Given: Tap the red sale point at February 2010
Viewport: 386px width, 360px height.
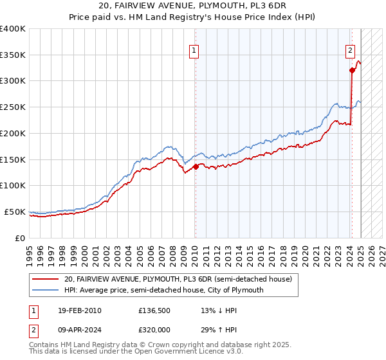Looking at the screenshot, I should (x=196, y=166).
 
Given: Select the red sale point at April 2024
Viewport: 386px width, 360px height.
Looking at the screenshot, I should (x=352, y=71).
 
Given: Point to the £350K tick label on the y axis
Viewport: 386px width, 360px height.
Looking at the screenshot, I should (x=13, y=55).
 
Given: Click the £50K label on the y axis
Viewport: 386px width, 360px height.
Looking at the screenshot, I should (x=15, y=212).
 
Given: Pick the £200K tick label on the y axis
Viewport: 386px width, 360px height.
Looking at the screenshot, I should (x=13, y=133).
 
